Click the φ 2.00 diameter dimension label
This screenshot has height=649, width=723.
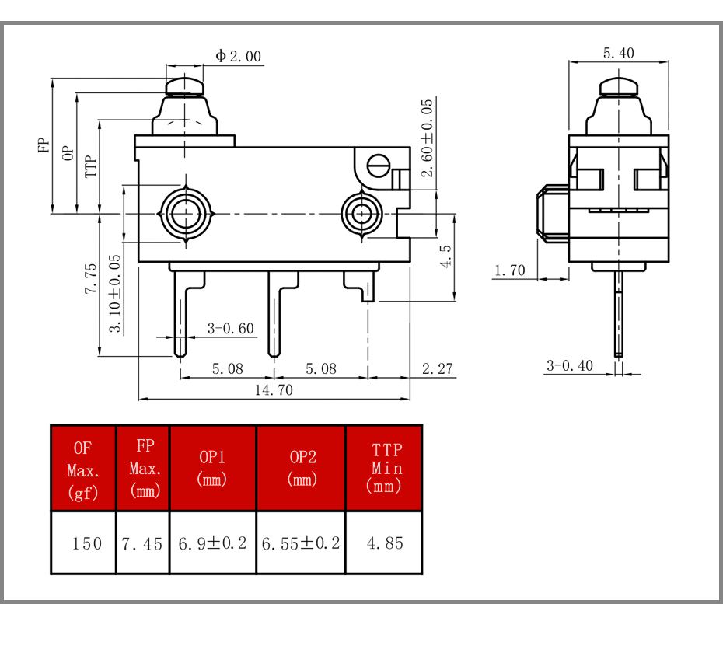239,56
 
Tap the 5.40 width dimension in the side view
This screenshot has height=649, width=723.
618,53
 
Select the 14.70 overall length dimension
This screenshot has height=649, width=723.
274,390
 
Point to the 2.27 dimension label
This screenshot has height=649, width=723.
437,368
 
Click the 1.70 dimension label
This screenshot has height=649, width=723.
509,270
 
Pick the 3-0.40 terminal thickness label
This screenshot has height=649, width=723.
569,365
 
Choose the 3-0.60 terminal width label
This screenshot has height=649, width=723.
230,328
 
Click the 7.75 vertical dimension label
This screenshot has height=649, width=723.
90,278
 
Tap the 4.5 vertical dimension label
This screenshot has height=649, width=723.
445,256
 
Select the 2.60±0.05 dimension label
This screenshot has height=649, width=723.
428,138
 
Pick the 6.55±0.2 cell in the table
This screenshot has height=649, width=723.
301,543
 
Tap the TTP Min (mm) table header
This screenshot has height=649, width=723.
384,468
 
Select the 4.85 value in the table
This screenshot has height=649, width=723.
385,543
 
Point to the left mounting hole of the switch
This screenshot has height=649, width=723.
186,214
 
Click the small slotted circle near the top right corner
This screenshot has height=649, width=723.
378,166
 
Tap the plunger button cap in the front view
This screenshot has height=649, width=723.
184,86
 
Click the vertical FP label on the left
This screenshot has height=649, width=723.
44,145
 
